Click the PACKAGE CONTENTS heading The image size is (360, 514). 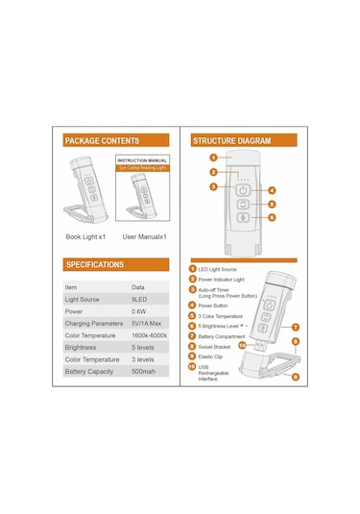(102, 141)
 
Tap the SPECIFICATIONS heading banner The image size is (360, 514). (94, 264)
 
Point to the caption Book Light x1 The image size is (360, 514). (85, 235)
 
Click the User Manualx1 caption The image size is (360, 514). (145, 235)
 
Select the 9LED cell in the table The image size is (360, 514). (140, 299)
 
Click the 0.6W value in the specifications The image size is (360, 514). (140, 311)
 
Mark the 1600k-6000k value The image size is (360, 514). (151, 334)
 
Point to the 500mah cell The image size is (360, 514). (144, 371)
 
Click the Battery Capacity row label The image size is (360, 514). (87, 371)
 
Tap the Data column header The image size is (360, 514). (138, 287)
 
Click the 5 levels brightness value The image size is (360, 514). (143, 347)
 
